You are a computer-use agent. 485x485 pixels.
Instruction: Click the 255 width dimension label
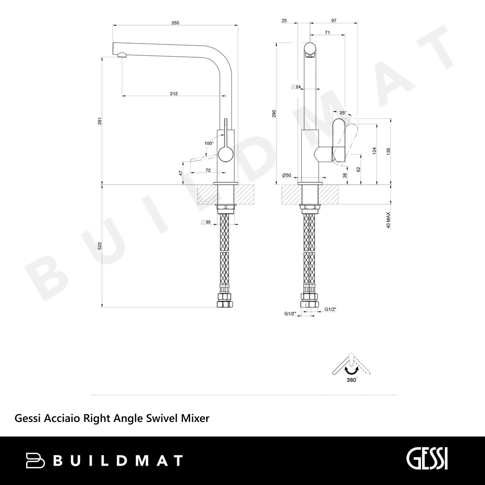pyautogui.click(x=176, y=23)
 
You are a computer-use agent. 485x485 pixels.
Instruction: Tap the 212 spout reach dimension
pyautogui.click(x=174, y=94)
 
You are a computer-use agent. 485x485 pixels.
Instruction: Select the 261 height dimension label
pyautogui.click(x=99, y=121)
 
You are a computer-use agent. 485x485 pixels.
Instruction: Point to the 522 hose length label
pyautogui.click(x=99, y=246)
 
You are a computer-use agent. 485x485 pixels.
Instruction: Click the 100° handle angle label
pyautogui.click(x=209, y=143)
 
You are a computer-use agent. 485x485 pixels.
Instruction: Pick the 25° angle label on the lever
pyautogui.click(x=343, y=113)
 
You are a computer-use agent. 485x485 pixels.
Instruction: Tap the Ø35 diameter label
pyautogui.click(x=206, y=222)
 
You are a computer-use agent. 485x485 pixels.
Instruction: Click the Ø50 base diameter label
pyautogui.click(x=287, y=176)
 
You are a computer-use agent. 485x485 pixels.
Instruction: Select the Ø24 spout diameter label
pyautogui.click(x=296, y=87)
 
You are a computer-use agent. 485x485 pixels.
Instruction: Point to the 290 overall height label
pyautogui.click(x=274, y=113)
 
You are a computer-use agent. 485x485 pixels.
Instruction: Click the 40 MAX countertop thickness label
pyautogui.click(x=388, y=220)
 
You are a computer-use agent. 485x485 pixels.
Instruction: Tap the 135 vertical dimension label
pyautogui.click(x=388, y=151)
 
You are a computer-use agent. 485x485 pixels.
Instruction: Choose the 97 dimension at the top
pyautogui.click(x=334, y=21)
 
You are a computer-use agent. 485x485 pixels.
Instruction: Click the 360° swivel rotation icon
pyautogui.click(x=351, y=368)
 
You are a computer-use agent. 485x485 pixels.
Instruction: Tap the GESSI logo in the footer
pyautogui.click(x=427, y=459)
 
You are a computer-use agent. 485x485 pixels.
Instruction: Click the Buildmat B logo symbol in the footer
pyautogui.click(x=35, y=460)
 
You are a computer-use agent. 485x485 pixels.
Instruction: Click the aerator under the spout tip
pyautogui.click(x=122, y=55)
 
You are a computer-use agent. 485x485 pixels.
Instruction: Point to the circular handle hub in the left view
pyautogui.click(x=226, y=155)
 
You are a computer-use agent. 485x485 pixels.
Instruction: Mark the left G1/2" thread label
pyautogui.click(x=290, y=314)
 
